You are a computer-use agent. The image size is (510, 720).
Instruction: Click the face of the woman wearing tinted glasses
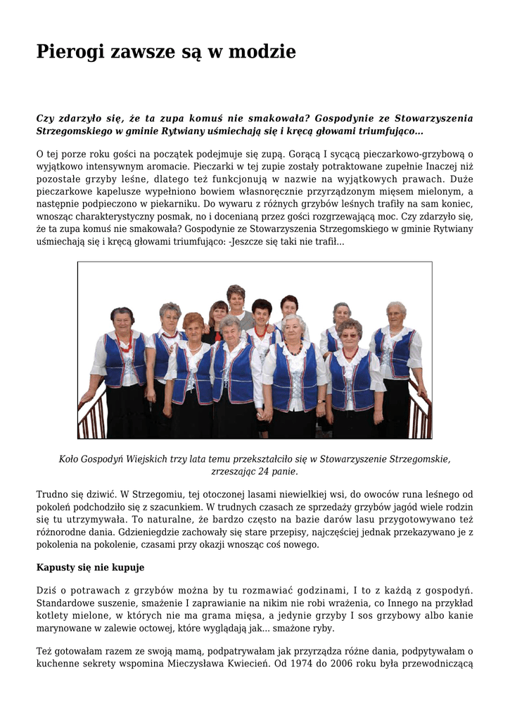[349, 334]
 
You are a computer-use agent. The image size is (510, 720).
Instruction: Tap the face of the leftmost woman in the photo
[122, 323]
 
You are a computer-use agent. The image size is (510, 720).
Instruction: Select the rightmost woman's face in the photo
[396, 314]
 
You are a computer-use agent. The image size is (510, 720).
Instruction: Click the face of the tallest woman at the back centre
[236, 299]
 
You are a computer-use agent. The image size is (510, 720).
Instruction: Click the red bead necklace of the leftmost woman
[125, 345]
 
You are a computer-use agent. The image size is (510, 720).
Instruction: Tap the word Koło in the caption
[69, 458]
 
